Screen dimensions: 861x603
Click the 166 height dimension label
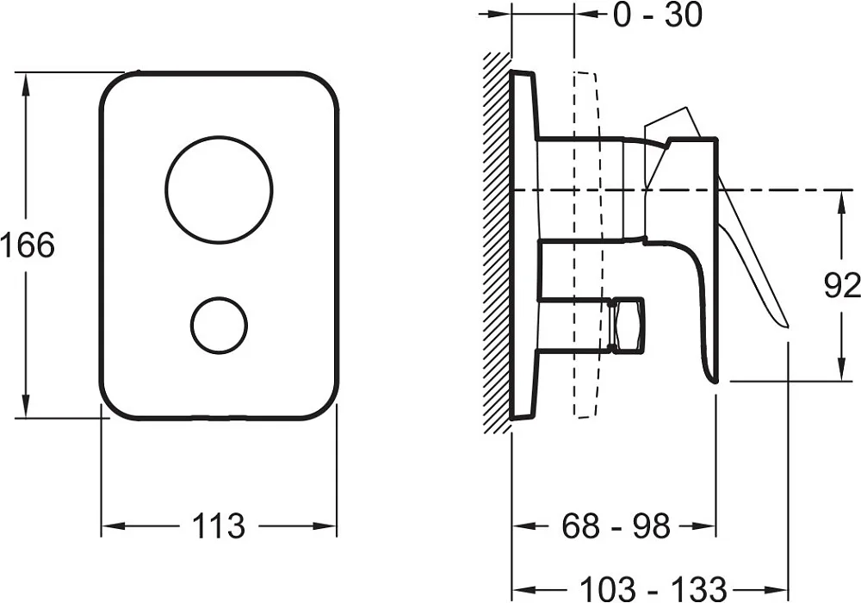click(x=28, y=246)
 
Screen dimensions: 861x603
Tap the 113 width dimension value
click(x=218, y=526)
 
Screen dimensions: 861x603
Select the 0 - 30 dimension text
click(x=657, y=15)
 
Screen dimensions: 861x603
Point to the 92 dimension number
click(x=842, y=286)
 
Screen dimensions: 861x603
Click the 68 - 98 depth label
click(x=616, y=526)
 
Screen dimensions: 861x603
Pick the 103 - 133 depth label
click(x=653, y=588)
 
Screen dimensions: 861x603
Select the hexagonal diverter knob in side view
click(x=627, y=325)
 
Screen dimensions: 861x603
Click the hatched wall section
click(x=497, y=242)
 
